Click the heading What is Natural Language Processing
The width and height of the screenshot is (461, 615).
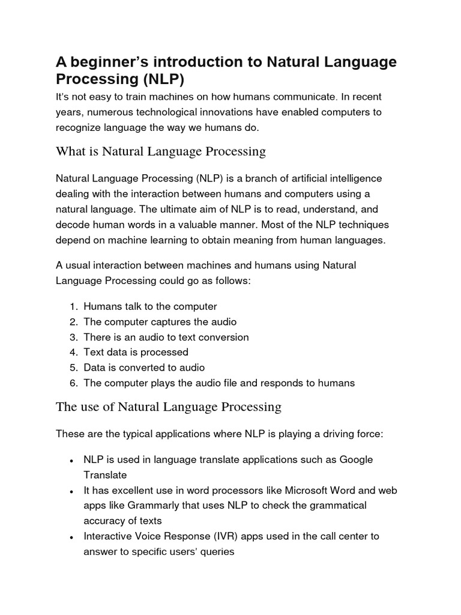(x=160, y=151)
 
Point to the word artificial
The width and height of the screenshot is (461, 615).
(x=298, y=178)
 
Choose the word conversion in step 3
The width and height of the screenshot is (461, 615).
(x=218, y=337)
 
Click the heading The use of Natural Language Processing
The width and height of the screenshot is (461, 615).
(x=168, y=407)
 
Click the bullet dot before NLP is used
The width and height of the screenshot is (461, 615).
(x=71, y=461)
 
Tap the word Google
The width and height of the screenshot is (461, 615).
(x=356, y=459)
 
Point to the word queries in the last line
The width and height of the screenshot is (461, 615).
(x=215, y=551)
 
